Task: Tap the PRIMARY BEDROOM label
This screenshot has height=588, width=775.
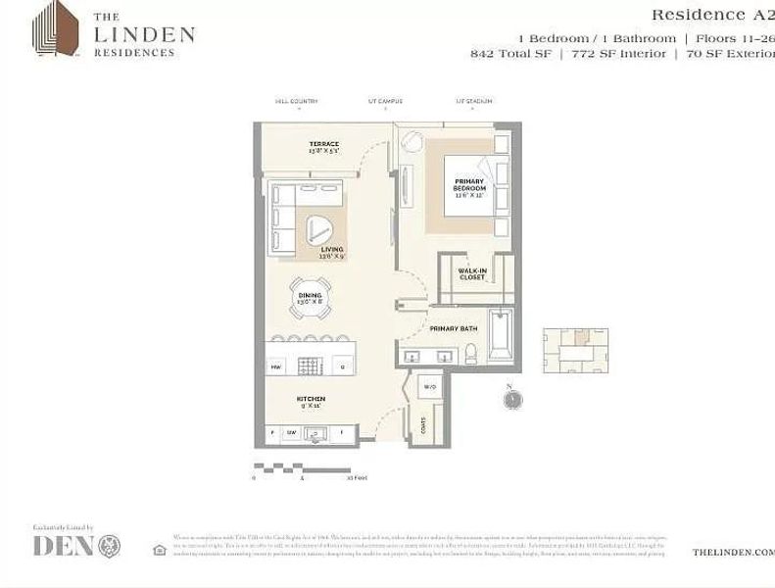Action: [x=469, y=186]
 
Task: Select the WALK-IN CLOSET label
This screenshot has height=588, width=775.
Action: [x=472, y=273]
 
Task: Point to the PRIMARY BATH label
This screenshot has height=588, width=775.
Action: [x=453, y=329]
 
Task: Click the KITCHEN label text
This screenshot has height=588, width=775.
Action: [x=311, y=401]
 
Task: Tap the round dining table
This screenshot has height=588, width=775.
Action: [x=310, y=298]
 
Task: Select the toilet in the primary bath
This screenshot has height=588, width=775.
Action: [x=471, y=354]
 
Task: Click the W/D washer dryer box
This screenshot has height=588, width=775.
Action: [x=429, y=387]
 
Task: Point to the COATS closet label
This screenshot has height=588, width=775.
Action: [x=422, y=424]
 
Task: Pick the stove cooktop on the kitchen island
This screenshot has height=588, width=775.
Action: [x=309, y=367]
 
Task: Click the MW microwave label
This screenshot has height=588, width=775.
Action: [x=275, y=367]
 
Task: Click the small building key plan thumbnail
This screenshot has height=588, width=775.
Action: [x=575, y=350]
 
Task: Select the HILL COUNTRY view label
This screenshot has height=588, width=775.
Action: [x=297, y=101]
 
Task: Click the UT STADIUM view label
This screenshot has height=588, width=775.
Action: [x=474, y=101]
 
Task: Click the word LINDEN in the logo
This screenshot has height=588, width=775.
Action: [x=144, y=34]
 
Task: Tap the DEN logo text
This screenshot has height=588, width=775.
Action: [x=64, y=546]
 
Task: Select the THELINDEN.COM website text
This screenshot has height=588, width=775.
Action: [x=733, y=552]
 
